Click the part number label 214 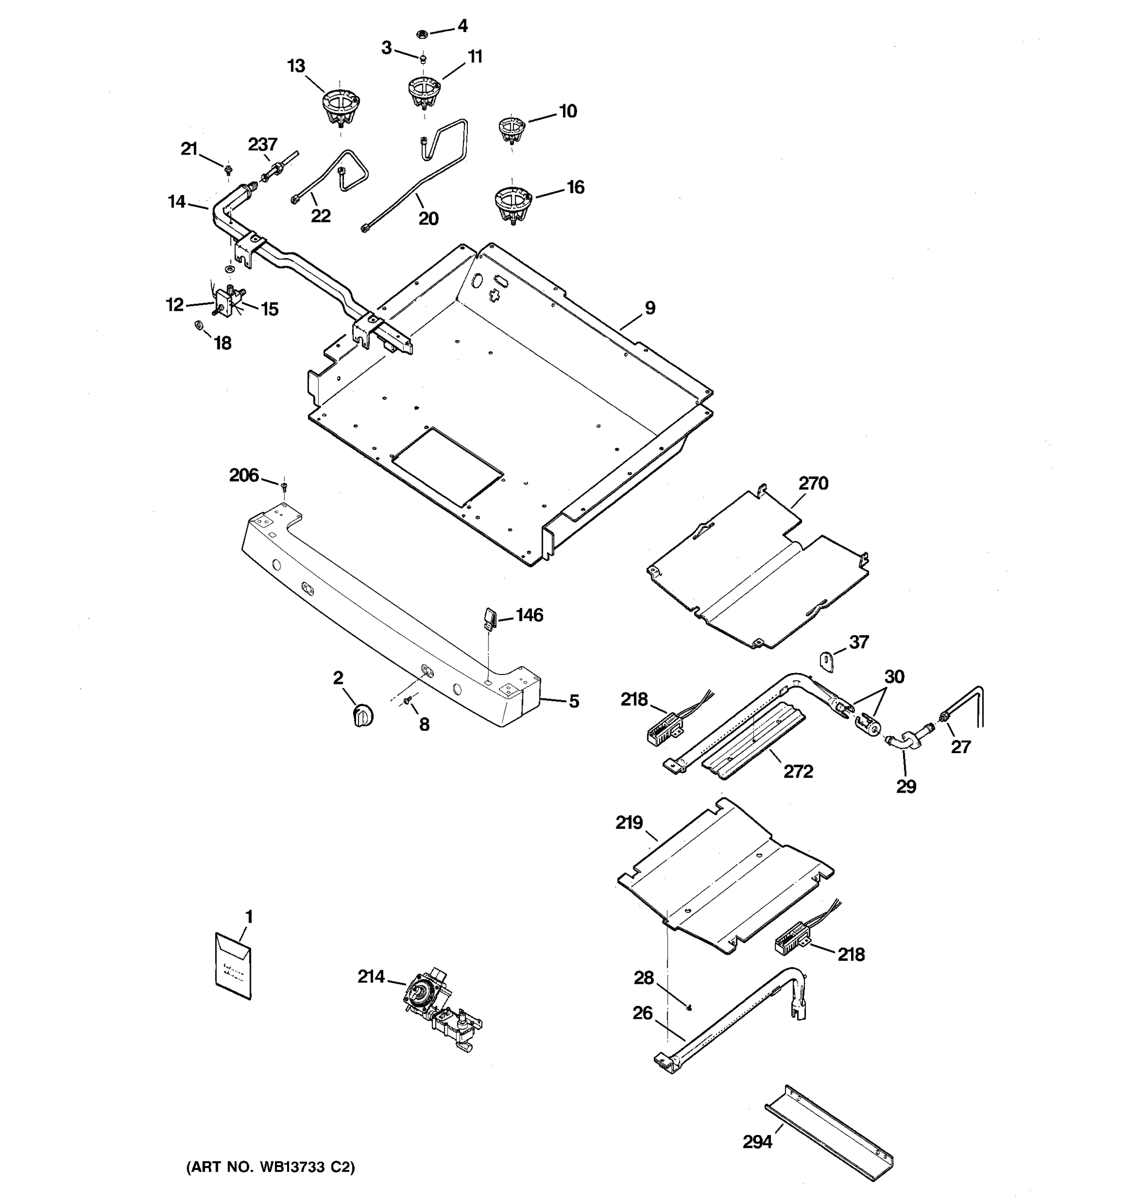(x=371, y=976)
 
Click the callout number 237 (x=262, y=145)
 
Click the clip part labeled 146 (x=489, y=618)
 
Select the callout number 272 (x=798, y=772)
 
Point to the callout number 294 (x=757, y=1142)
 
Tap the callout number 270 (x=813, y=483)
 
